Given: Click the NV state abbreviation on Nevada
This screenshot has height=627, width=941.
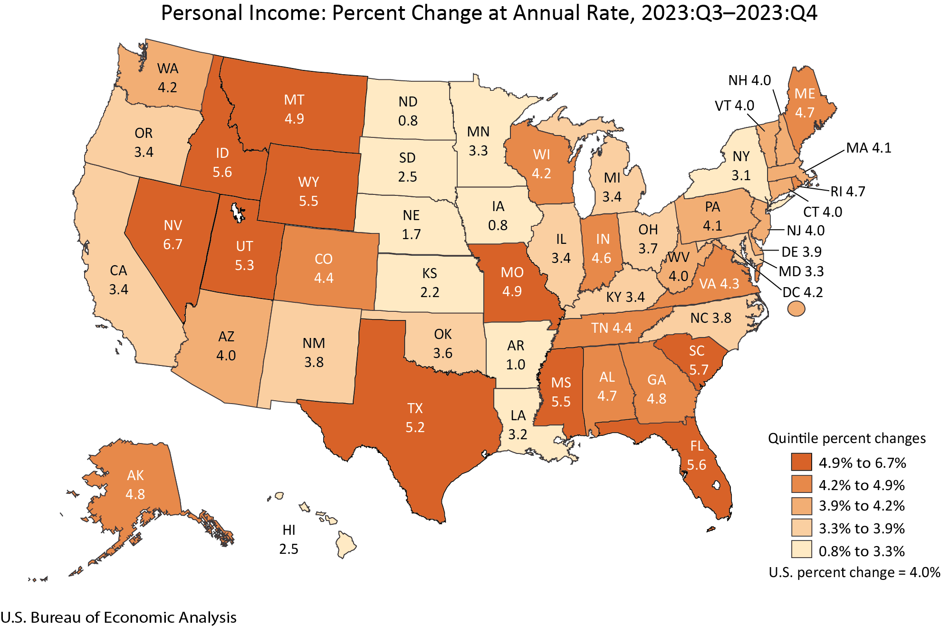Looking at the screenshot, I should [173, 225].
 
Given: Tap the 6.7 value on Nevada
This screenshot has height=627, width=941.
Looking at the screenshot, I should [173, 244].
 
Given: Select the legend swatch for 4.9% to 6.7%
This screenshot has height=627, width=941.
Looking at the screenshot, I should [801, 462].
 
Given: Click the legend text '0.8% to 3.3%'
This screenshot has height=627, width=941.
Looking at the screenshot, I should [862, 551].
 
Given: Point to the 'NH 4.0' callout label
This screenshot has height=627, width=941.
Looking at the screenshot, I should [749, 80].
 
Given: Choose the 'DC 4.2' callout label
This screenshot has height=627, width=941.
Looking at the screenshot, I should [803, 292].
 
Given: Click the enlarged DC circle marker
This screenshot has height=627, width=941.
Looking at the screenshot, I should [796, 309].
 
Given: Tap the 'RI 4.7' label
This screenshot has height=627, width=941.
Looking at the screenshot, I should [848, 191].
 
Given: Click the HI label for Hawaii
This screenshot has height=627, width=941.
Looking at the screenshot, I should [289, 530].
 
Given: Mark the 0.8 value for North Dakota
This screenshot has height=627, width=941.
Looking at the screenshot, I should [408, 121].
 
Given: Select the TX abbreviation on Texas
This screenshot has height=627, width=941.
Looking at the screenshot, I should [415, 408].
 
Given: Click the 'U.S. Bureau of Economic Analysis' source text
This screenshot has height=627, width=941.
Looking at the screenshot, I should [118, 617].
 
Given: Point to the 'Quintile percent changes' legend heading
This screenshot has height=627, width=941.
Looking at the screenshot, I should [847, 438].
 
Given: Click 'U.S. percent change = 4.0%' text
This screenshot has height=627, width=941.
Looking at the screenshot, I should [854, 572].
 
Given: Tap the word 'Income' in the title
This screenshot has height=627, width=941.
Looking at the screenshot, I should [288, 13].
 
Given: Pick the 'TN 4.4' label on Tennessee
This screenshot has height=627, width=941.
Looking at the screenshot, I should [612, 328].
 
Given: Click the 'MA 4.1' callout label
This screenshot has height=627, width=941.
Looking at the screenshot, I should [869, 148].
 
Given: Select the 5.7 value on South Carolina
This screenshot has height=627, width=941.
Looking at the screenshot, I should [699, 370].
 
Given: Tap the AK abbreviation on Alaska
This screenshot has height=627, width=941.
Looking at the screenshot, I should [135, 475].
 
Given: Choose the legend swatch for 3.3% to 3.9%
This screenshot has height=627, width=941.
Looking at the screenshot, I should [801, 528].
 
